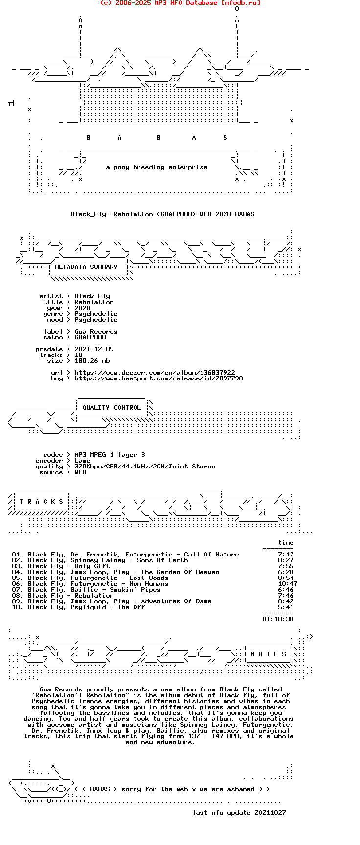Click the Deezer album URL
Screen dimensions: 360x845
[x=155, y=373]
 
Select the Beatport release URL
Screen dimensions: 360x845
[x=158, y=378]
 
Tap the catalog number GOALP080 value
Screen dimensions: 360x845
[x=90, y=337]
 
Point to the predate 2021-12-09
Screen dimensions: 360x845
[x=94, y=349]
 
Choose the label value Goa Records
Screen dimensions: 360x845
[x=96, y=332]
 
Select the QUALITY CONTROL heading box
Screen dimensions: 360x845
[x=112, y=408]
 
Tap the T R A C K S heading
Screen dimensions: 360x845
[x=42, y=502]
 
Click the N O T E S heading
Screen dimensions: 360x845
[x=268, y=654]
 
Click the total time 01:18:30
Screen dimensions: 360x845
[x=278, y=619]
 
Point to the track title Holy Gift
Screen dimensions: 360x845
[x=92, y=566]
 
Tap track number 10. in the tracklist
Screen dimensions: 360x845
[x=18, y=607]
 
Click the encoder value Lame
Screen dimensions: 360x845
[x=82, y=461]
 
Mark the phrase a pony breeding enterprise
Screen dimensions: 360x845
[x=157, y=167]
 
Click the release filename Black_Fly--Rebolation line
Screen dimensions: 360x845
[x=162, y=214]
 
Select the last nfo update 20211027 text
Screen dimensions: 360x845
[x=239, y=813]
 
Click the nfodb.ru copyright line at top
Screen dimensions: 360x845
[x=180, y=3]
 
